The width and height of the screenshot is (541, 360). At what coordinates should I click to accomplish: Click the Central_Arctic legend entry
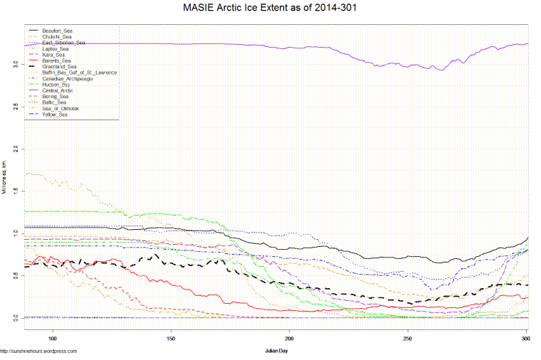[58, 90]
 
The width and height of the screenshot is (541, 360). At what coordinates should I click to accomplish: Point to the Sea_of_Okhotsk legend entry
[60, 108]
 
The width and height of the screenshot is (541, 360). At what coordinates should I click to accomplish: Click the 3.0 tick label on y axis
[15, 64]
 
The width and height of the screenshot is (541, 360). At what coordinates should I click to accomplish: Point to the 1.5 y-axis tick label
[15, 191]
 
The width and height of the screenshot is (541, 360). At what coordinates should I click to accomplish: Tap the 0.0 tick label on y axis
[15, 318]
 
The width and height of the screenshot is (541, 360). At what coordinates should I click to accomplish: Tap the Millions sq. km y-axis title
[4, 178]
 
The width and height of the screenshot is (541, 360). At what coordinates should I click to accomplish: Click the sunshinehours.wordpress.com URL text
[39, 351]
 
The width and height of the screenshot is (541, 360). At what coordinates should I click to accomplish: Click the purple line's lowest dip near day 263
[441, 70]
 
